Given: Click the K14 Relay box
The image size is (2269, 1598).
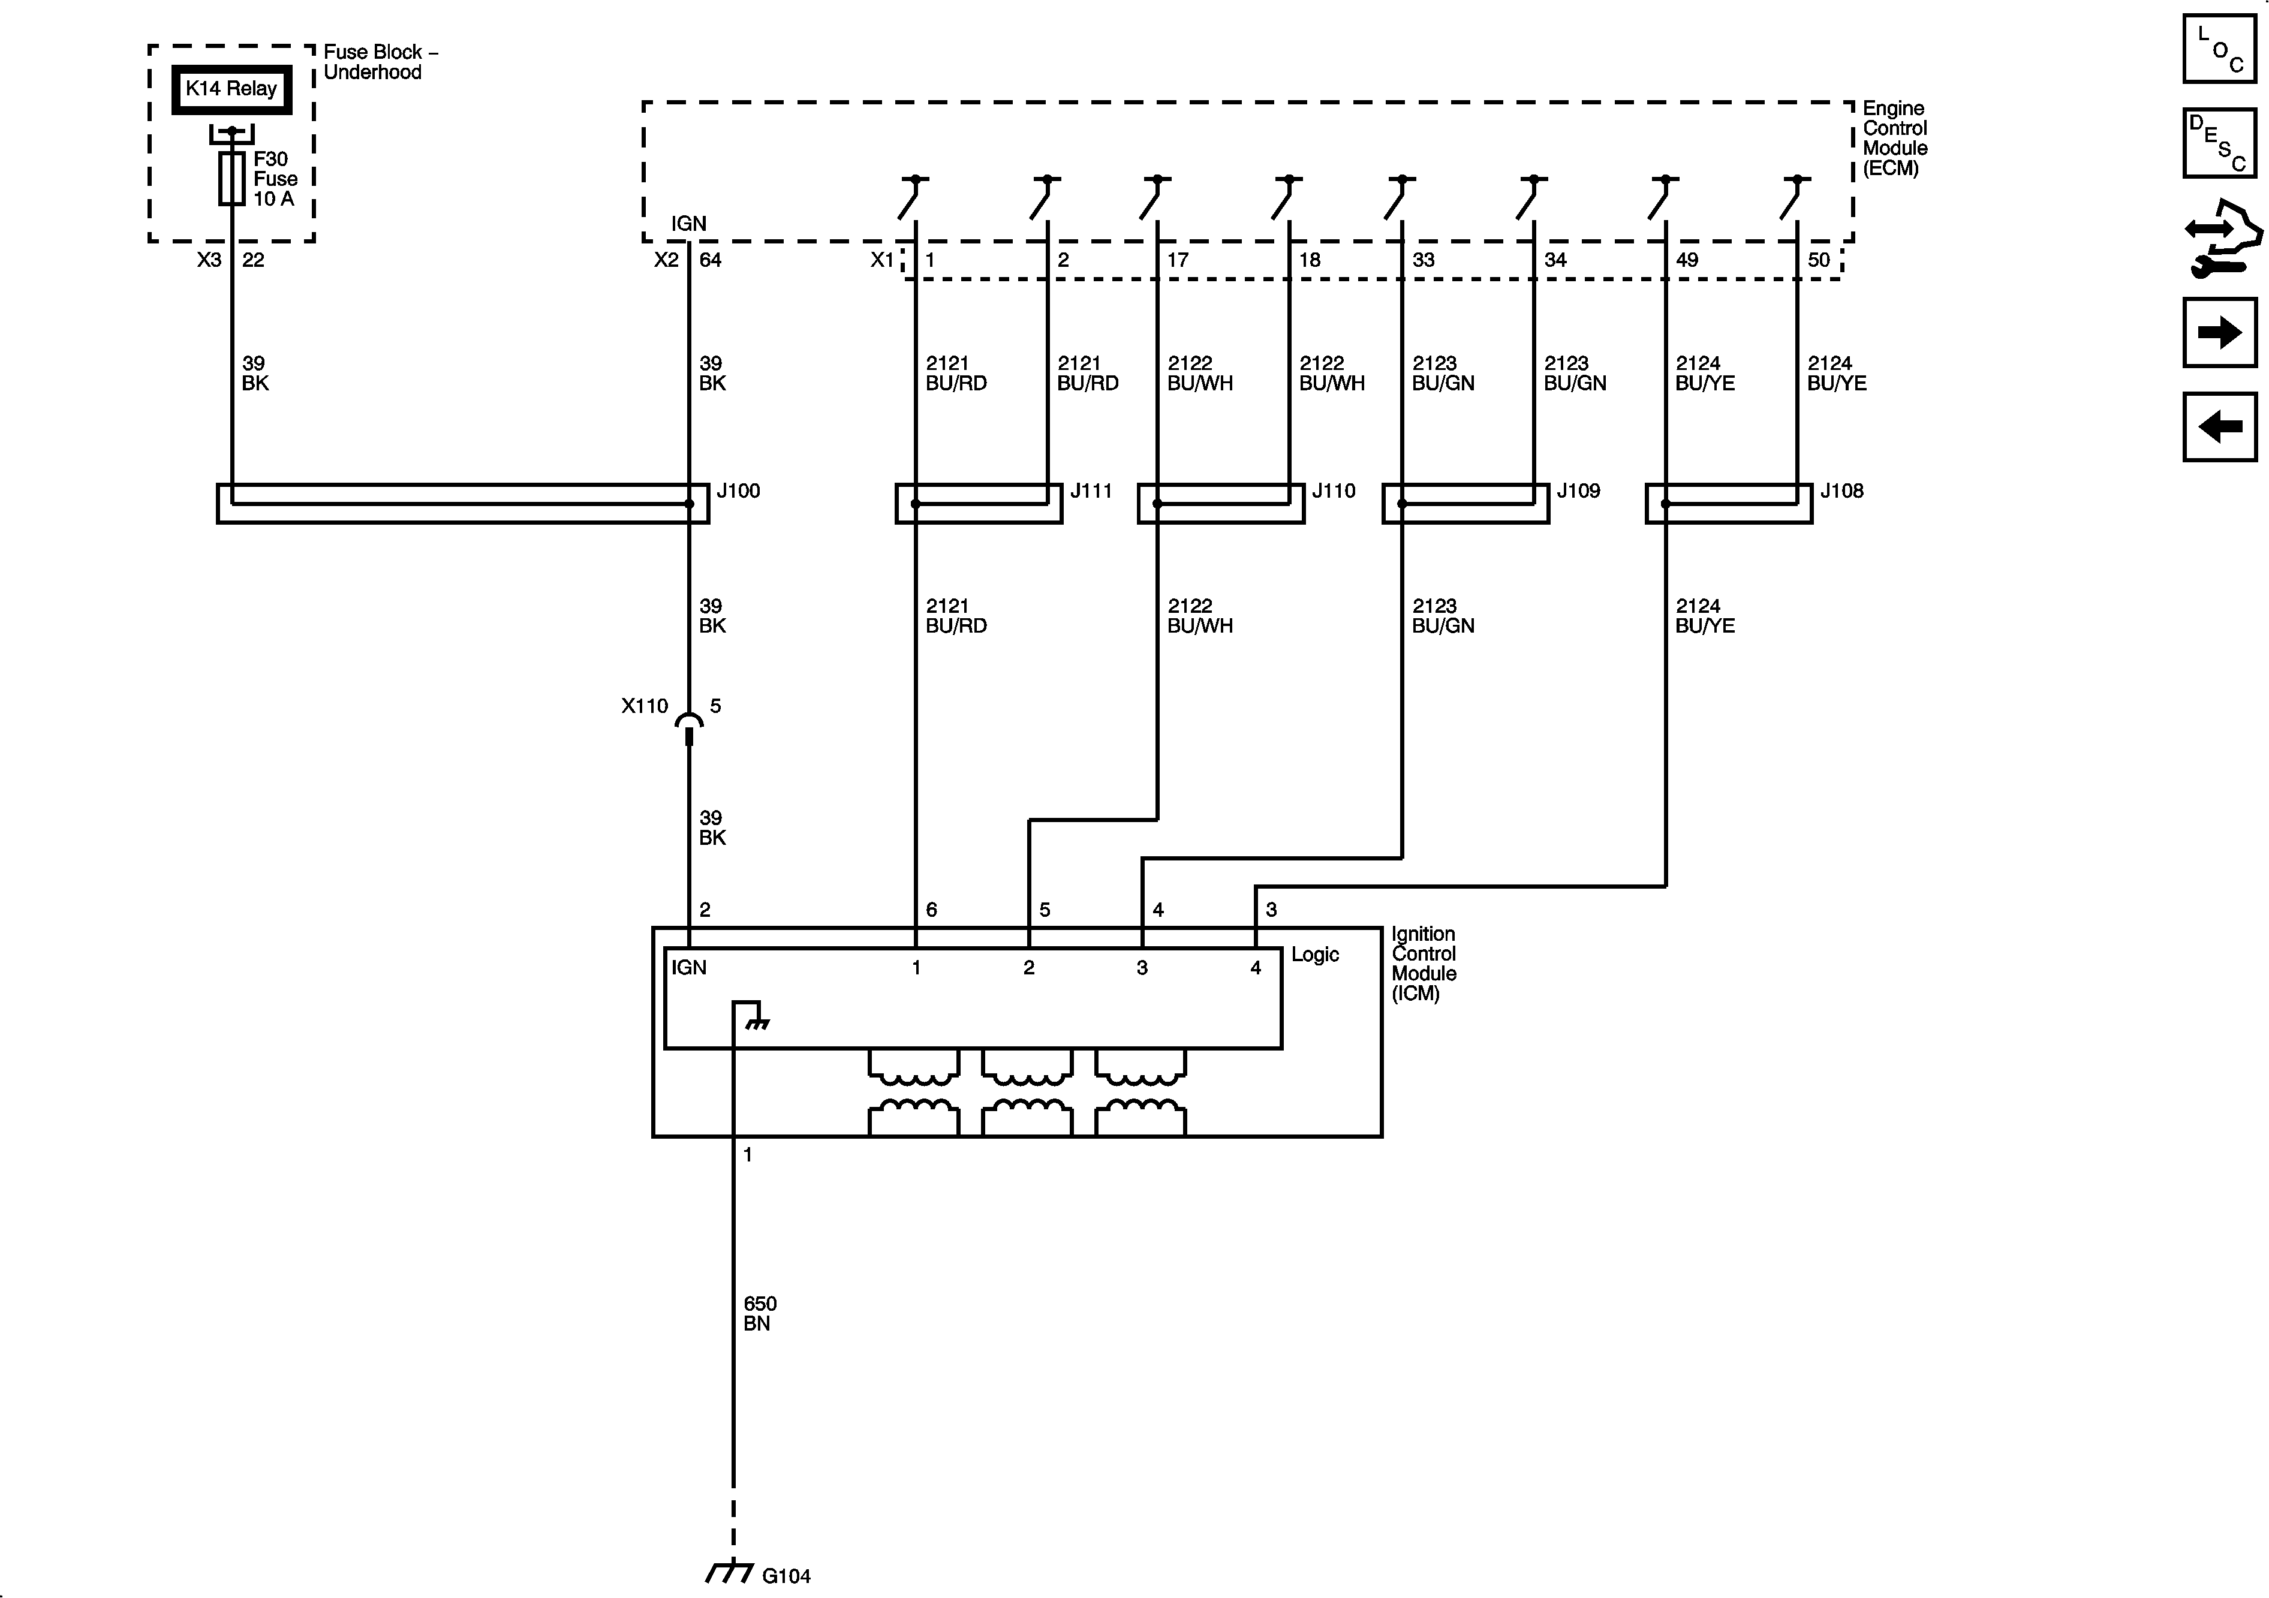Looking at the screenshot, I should click(x=231, y=89).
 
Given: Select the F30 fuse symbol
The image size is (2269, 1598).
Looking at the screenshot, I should click(x=231, y=178).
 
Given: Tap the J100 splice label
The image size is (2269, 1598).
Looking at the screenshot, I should click(x=738, y=491).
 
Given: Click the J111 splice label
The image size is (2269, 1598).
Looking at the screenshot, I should click(x=1091, y=491).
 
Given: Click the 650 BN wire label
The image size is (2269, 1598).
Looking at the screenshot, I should click(x=759, y=1313).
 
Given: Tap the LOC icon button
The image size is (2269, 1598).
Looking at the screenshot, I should click(x=2219, y=49).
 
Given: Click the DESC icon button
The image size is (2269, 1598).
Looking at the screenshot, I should click(x=2219, y=143).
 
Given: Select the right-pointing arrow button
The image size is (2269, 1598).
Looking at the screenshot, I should click(x=2219, y=333).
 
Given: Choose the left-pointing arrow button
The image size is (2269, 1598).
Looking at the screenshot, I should click(x=2219, y=427).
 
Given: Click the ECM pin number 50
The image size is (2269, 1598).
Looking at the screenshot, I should click(x=1818, y=260).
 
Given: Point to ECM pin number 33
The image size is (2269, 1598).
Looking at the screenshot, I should click(x=1423, y=260).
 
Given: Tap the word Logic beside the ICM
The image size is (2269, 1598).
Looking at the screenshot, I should click(x=1314, y=955).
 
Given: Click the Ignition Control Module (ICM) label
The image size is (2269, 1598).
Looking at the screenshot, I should click(x=1423, y=964).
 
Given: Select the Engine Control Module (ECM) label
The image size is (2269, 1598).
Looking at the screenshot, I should click(x=1894, y=139).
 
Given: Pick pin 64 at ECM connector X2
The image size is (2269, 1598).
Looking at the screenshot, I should click(x=711, y=260).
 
